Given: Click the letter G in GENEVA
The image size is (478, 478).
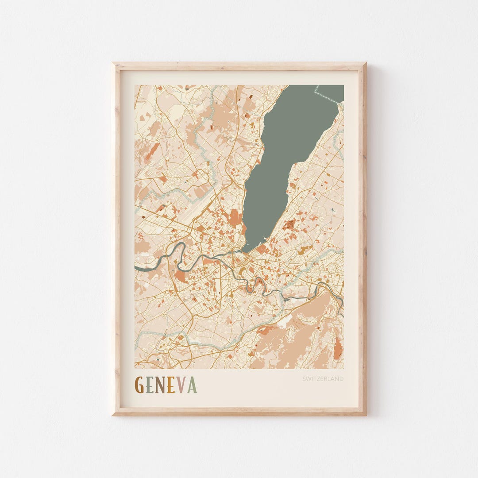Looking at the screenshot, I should pos(139,385).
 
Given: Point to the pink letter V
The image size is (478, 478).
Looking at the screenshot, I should pos(181,385).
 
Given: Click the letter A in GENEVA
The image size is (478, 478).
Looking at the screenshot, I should pos(192,385).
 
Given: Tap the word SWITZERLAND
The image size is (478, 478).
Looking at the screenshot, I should pos(323,379).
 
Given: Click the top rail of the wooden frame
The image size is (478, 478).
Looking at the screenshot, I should pos(239,66).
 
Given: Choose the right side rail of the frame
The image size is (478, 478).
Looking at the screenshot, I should pos(362,239).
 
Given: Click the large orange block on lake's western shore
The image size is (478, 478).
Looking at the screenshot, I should pos(235,218).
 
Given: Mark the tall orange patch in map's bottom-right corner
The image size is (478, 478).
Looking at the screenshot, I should pos(338,349).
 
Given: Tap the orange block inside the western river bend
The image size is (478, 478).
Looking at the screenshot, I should pos(181,276).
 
